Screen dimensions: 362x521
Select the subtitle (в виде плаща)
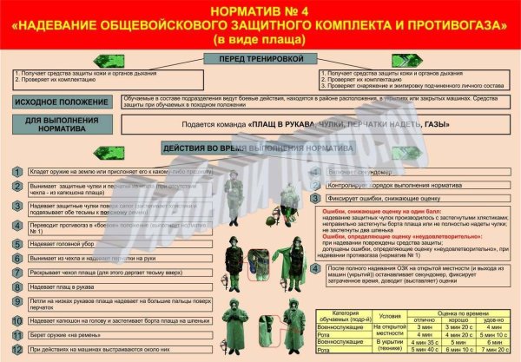260,40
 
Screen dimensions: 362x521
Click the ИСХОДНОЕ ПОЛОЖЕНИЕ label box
62,102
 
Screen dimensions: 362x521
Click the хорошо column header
455,320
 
